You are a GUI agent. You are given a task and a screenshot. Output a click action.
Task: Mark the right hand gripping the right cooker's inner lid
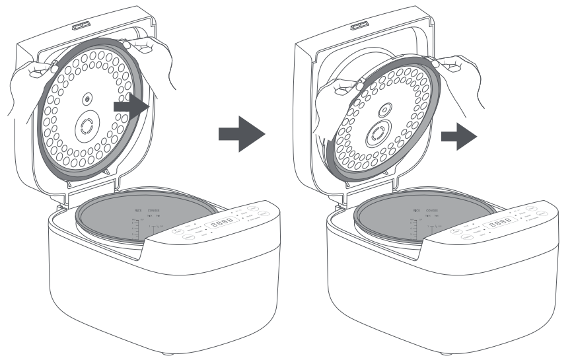pyautogui.click(x=456, y=63)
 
